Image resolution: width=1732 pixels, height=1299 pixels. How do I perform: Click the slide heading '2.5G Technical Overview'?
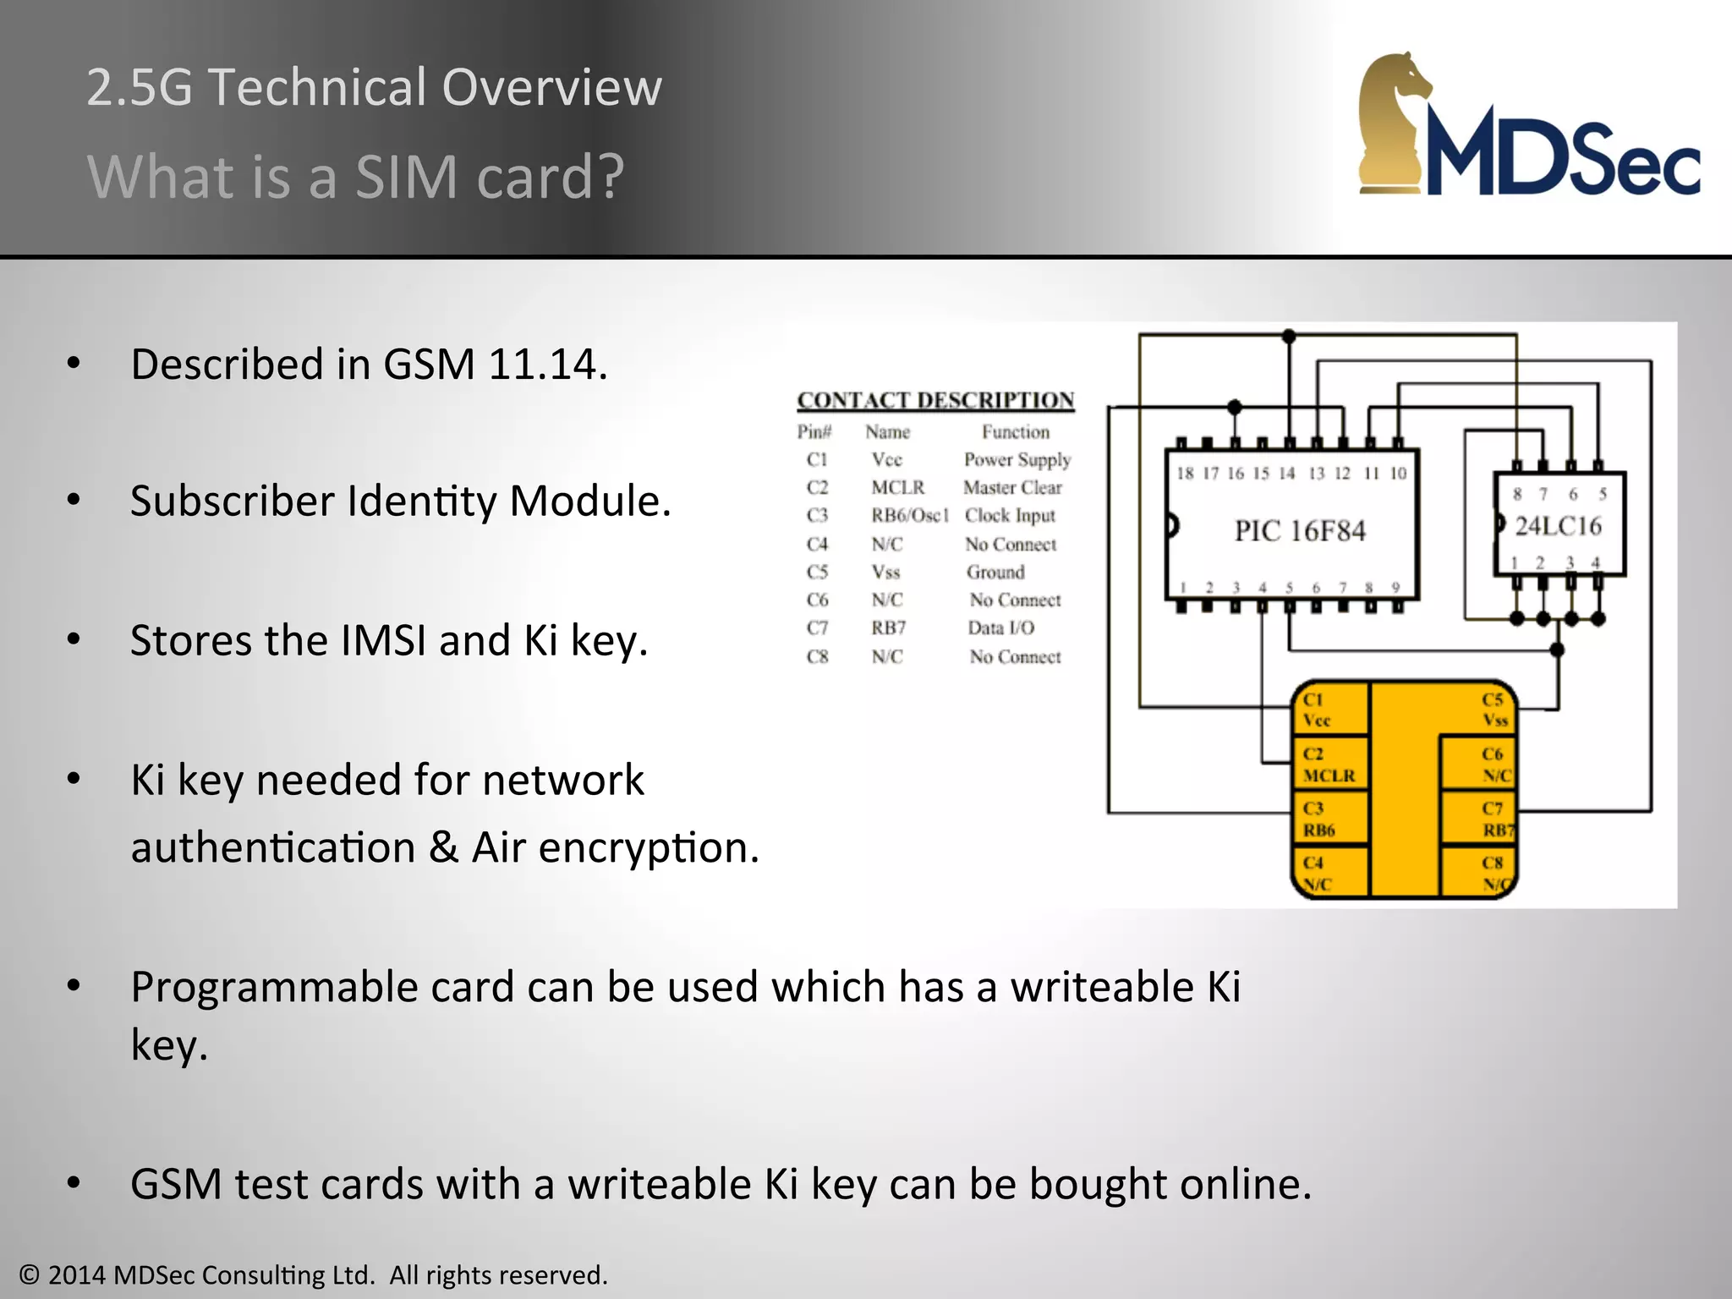click(374, 87)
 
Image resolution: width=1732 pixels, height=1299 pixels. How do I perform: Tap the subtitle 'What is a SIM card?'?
click(355, 177)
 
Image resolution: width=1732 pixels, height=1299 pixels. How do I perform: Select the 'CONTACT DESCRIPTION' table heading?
click(935, 400)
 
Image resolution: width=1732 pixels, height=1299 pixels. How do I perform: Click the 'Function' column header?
click(1015, 432)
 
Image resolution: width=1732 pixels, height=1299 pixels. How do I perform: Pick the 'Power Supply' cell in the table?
click(1017, 460)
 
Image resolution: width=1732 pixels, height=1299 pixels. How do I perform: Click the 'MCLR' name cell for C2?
click(897, 488)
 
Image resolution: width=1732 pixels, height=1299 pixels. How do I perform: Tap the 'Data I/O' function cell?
click(1000, 628)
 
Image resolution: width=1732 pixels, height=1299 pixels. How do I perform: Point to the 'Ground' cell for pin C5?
click(995, 573)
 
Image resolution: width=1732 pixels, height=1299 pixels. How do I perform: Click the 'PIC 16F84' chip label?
click(1300, 531)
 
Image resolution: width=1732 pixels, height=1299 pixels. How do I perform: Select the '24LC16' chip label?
click(1558, 526)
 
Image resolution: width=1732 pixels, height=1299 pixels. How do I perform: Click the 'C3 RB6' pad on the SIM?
click(1328, 819)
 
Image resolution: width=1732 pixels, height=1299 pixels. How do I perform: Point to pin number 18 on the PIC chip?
click(1185, 474)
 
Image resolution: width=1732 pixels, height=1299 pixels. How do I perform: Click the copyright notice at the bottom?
click(314, 1274)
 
